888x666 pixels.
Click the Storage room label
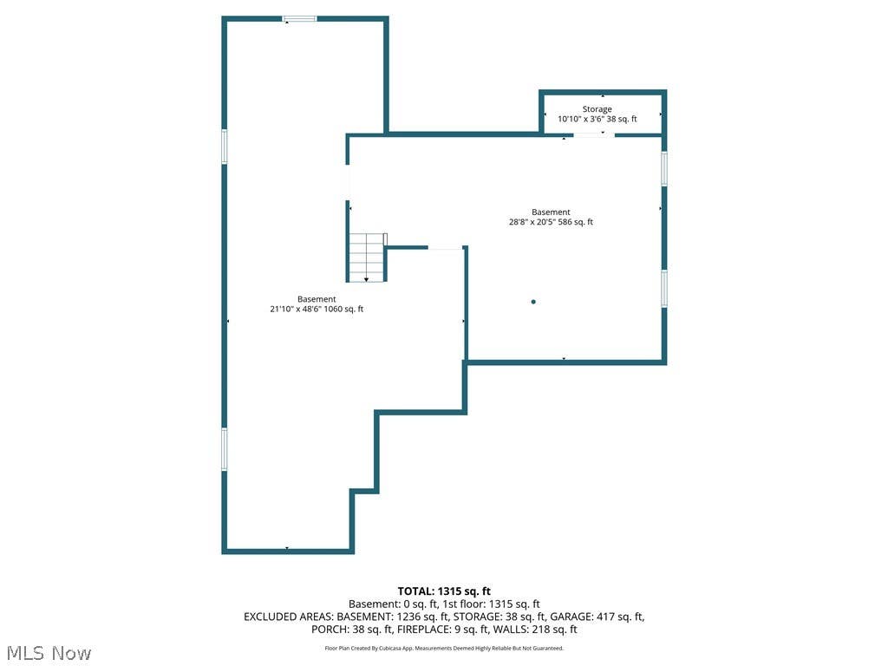597,108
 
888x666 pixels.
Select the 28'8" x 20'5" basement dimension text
532,222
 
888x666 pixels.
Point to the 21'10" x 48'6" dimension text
295,310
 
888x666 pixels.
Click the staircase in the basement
367,258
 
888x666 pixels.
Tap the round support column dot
533,302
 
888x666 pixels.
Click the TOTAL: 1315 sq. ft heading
444,591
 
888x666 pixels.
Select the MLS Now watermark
49,653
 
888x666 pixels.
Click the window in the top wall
299,19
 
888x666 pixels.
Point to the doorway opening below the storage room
594,134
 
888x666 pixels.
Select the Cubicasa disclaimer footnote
444,649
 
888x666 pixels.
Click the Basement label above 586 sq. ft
551,212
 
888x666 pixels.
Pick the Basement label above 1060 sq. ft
317,299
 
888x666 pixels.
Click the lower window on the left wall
225,449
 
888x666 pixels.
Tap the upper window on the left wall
225,147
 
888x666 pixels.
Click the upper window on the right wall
664,168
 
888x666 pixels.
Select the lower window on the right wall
664,289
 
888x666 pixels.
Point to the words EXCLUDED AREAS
289,617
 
